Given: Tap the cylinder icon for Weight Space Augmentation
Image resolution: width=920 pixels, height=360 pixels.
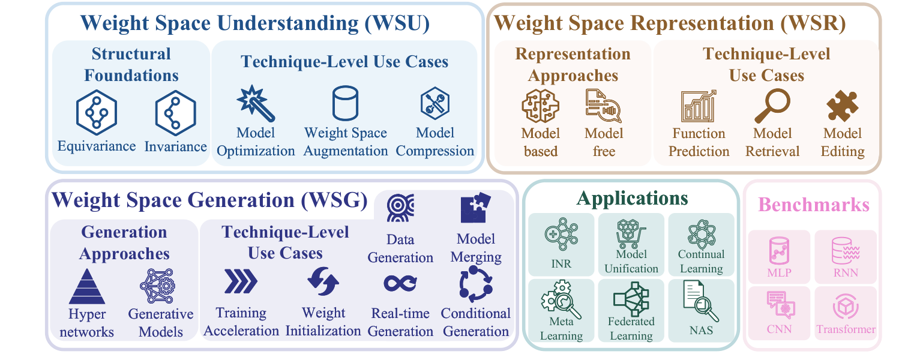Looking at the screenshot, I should [x=345, y=103].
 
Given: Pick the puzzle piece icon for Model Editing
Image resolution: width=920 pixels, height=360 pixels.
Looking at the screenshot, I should [x=842, y=106].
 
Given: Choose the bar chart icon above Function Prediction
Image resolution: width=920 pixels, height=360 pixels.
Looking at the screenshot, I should [x=698, y=106].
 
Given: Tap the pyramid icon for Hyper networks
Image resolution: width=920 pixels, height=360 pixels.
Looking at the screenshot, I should [x=87, y=286].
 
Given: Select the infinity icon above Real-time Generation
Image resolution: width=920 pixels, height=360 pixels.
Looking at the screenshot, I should [x=401, y=284].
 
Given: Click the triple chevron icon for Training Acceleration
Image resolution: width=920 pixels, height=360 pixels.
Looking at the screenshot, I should [x=241, y=281].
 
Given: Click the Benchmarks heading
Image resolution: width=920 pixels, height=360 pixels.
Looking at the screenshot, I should [x=813, y=205].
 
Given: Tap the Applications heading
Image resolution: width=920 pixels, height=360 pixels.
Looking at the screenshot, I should [x=631, y=198].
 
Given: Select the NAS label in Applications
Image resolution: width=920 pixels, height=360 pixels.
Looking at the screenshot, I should [x=701, y=329].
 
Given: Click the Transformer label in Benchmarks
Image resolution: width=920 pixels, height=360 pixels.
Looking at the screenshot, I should [x=846, y=329].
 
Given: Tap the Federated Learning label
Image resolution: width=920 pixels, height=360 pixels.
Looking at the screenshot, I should [x=631, y=328].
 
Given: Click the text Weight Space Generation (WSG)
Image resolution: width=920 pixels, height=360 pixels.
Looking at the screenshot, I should [x=209, y=200].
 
